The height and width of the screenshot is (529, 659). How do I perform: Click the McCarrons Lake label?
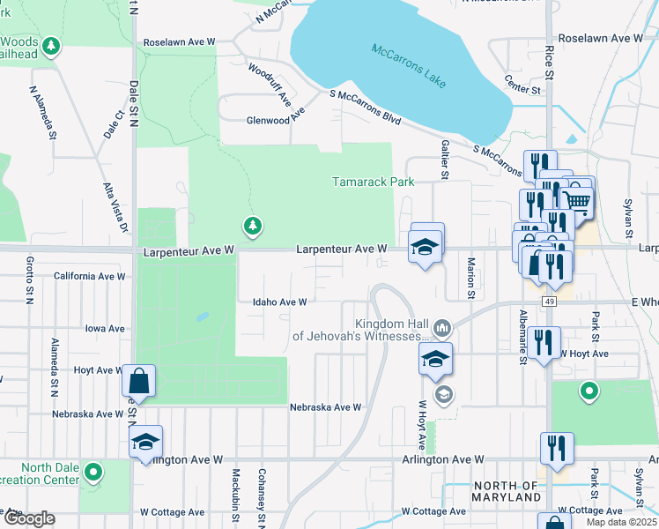click(x=409, y=65)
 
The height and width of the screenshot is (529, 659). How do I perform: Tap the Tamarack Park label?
click(x=373, y=183)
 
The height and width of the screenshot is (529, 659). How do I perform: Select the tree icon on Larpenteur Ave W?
click(x=253, y=226)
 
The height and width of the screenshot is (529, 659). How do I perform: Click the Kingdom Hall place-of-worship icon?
click(x=441, y=329)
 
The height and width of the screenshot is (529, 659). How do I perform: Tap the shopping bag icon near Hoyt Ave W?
click(x=138, y=381)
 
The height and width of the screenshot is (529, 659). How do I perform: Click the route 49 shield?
click(x=549, y=302)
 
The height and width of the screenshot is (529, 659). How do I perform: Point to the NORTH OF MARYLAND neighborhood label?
click(x=506, y=492)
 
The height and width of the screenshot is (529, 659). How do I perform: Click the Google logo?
click(x=28, y=518)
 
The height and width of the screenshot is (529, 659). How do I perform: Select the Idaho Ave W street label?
click(x=279, y=302)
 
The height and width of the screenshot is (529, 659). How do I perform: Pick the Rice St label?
click(x=548, y=61)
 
